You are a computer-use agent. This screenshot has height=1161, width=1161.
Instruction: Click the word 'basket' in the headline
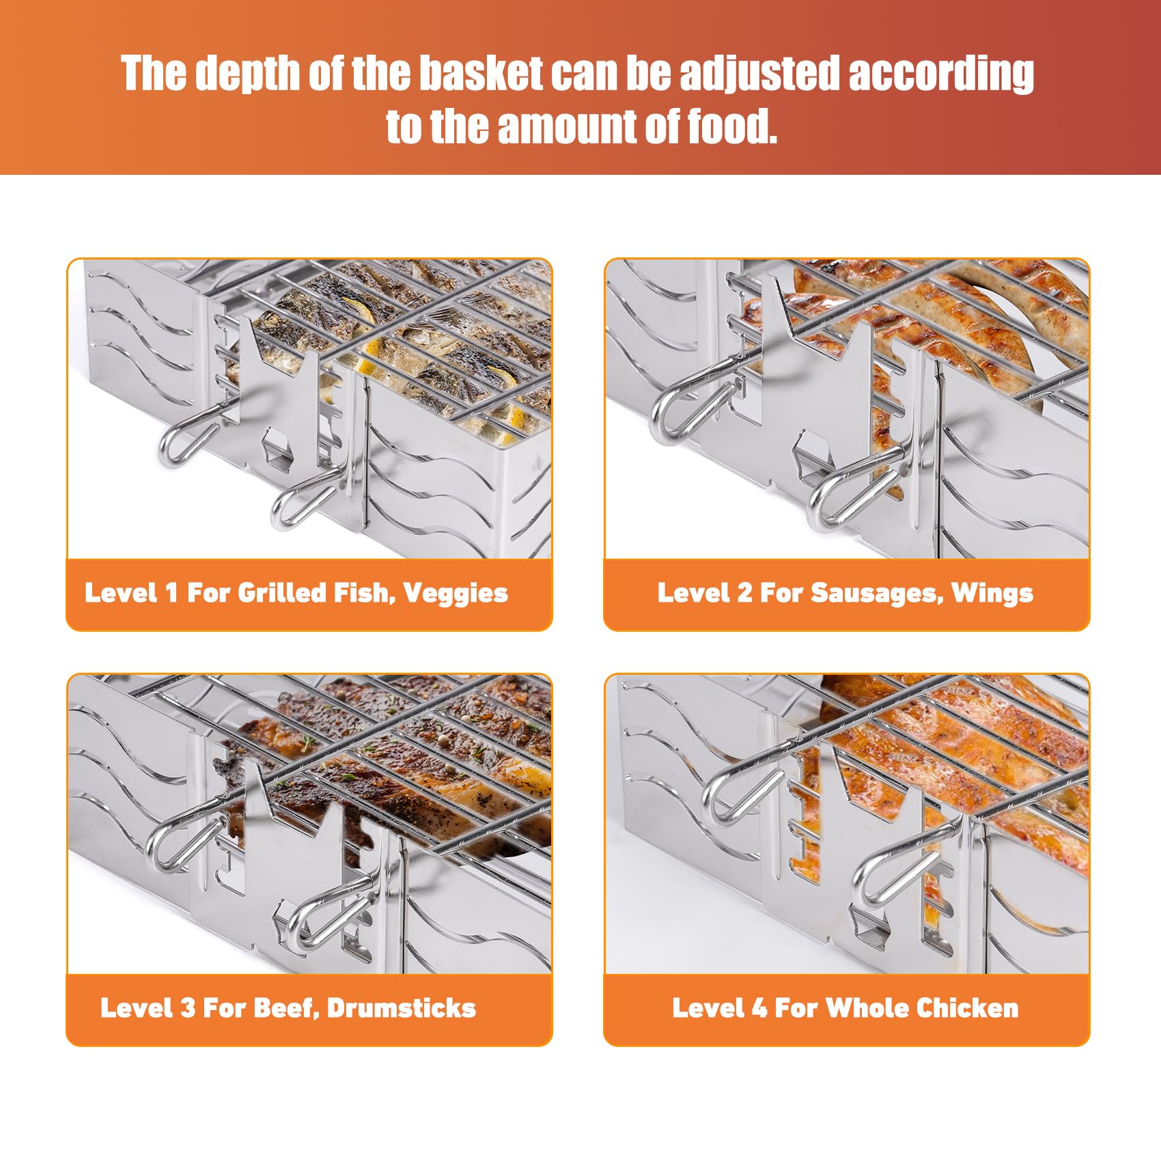point(481,73)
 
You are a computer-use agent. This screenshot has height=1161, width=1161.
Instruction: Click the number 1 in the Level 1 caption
point(172,593)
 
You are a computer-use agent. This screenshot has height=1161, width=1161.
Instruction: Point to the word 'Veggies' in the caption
point(456,593)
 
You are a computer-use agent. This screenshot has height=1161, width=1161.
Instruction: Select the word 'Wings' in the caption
point(992,593)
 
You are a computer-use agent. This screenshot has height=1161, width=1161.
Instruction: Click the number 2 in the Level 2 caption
point(745,593)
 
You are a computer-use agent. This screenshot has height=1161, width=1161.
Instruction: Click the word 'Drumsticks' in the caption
point(402,1008)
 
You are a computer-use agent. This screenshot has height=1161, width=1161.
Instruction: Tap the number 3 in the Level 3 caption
point(188,1008)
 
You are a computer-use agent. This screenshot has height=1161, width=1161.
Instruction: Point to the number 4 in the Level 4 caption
point(759,1008)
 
